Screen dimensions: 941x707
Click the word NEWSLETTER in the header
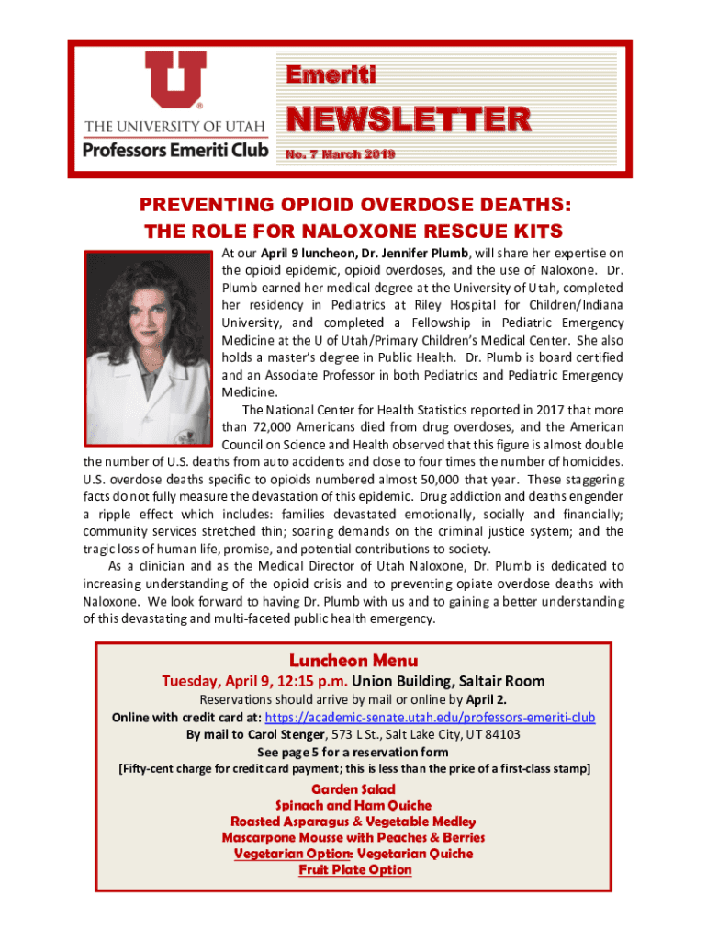point(409,119)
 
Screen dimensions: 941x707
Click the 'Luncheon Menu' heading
point(353,661)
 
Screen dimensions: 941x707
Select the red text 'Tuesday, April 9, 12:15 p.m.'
point(254,682)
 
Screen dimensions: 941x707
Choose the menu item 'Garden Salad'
point(353,789)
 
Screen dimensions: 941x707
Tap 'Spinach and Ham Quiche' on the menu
point(353,806)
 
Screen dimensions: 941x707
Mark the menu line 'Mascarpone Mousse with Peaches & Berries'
point(353,838)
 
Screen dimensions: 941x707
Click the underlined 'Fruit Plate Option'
point(353,870)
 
